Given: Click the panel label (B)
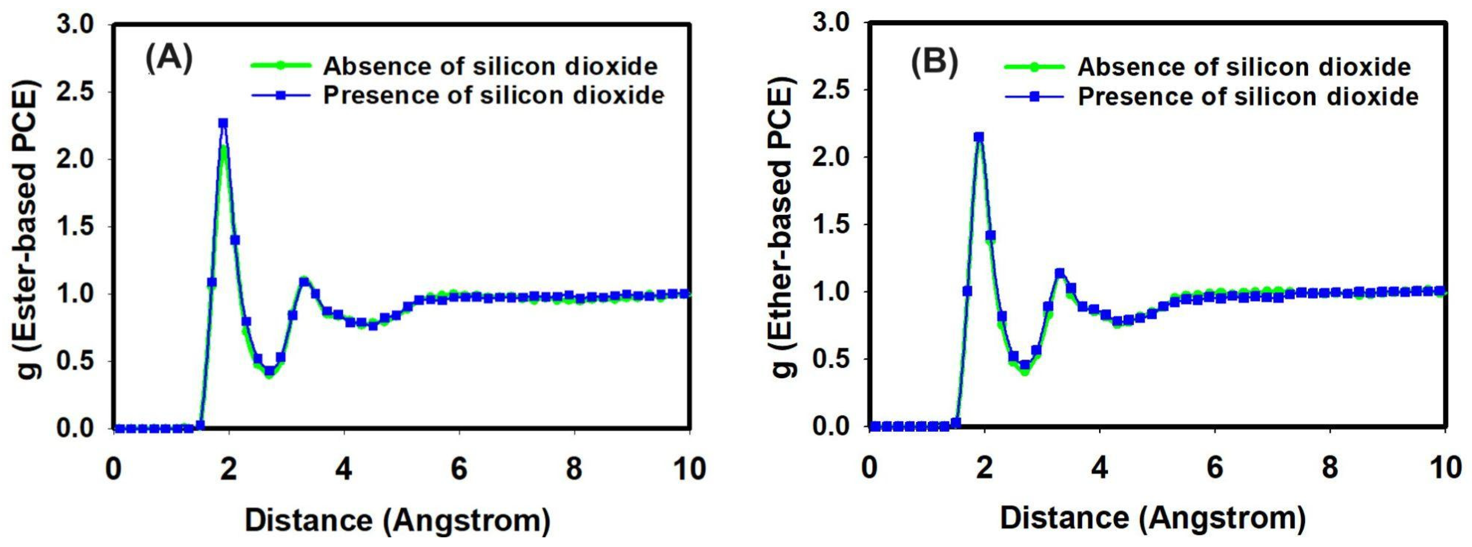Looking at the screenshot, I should [934, 63].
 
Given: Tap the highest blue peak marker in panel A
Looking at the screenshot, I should [223, 123].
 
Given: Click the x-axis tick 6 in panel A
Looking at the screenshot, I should [459, 469].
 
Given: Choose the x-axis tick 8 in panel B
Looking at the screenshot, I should [1330, 467].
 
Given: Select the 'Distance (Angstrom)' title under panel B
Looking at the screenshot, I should [1153, 518].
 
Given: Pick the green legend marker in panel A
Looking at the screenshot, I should [281, 65].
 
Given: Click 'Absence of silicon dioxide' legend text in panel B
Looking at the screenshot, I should [1244, 67].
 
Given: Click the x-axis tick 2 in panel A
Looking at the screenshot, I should [229, 469].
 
